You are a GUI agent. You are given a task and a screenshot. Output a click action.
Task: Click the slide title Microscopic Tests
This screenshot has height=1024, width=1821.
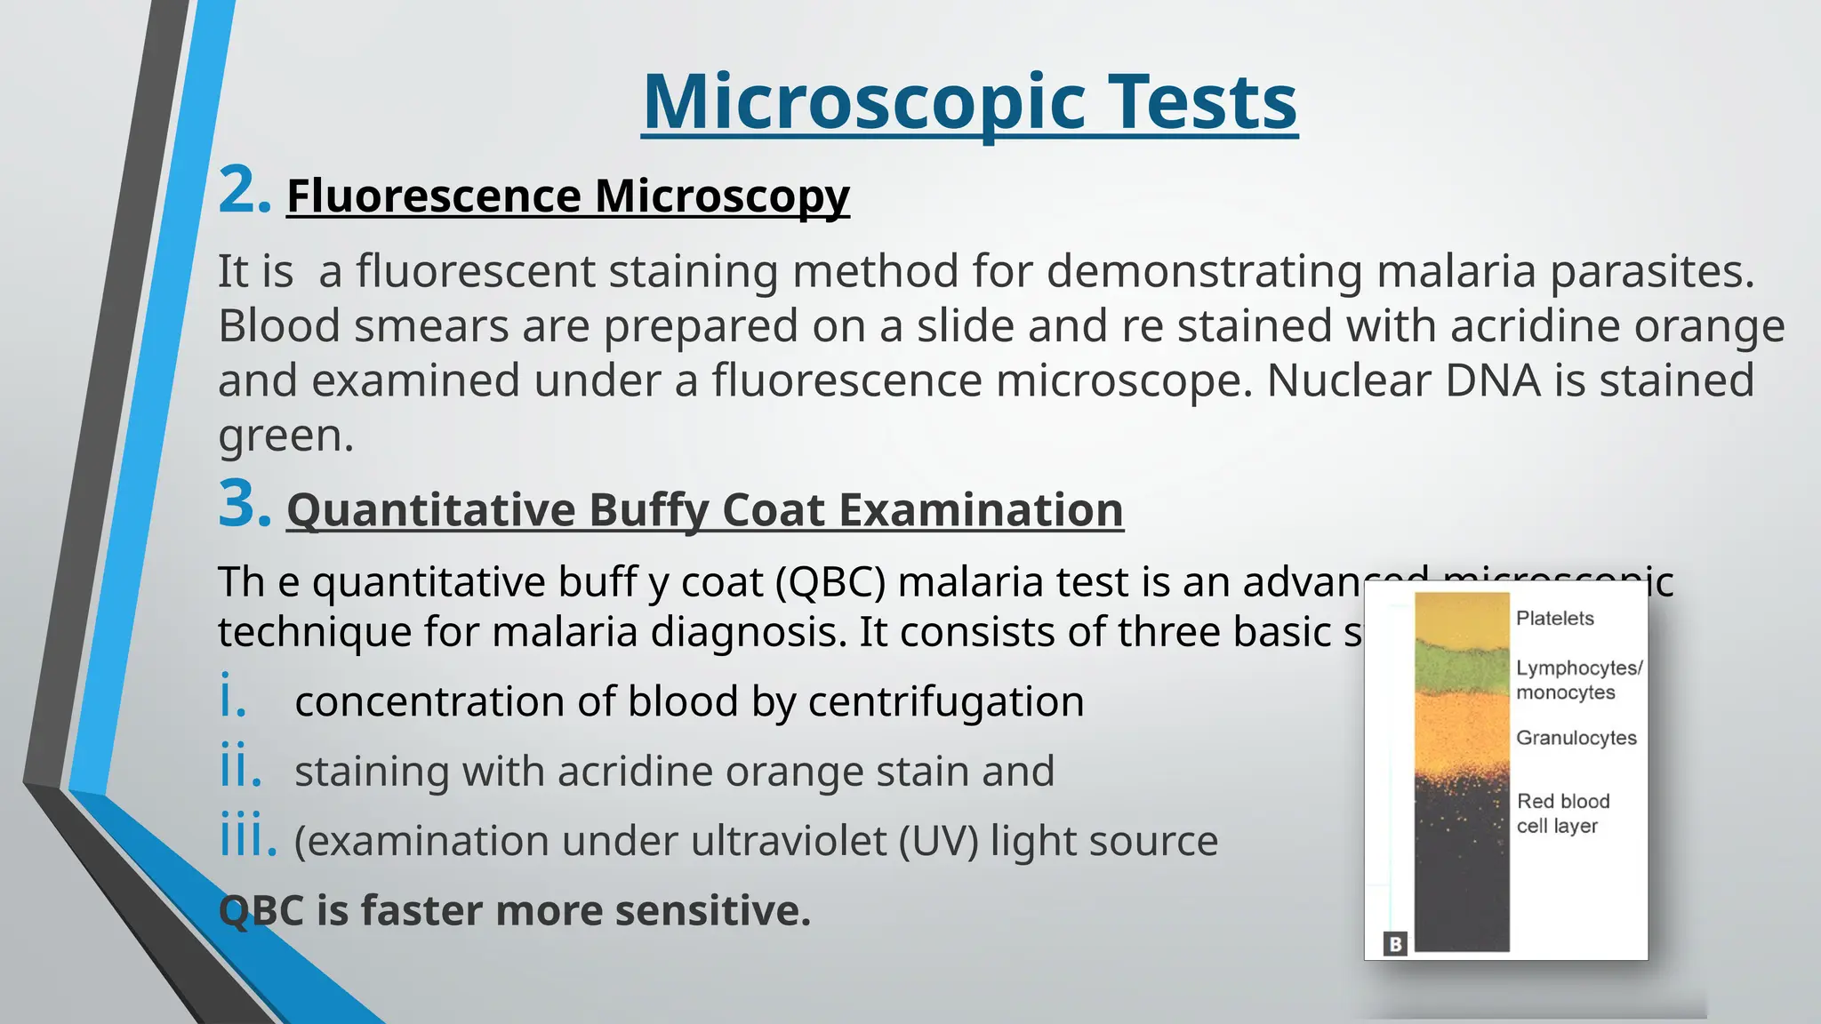pyautogui.click(x=969, y=102)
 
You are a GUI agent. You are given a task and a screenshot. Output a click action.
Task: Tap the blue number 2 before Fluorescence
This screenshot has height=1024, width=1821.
pyautogui.click(x=243, y=190)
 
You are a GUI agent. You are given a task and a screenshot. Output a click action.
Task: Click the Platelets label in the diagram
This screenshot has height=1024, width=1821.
pyautogui.click(x=1554, y=619)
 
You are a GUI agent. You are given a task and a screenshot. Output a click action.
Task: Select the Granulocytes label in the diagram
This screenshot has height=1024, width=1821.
pyautogui.click(x=1576, y=738)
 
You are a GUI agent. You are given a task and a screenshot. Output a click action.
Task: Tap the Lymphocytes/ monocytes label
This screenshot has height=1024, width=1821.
pyautogui.click(x=1578, y=680)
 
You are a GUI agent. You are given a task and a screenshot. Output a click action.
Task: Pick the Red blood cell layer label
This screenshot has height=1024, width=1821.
pyautogui.click(x=1562, y=813)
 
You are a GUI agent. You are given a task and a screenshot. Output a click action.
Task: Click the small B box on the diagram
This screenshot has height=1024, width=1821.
pyautogui.click(x=1395, y=944)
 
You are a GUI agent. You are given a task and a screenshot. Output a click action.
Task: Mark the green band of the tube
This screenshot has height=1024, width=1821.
pyautogui.click(x=1462, y=669)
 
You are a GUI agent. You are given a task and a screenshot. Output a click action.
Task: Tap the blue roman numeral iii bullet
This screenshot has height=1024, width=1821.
pyautogui.click(x=246, y=837)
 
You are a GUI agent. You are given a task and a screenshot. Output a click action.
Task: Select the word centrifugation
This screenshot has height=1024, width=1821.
pyautogui.click(x=946, y=701)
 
